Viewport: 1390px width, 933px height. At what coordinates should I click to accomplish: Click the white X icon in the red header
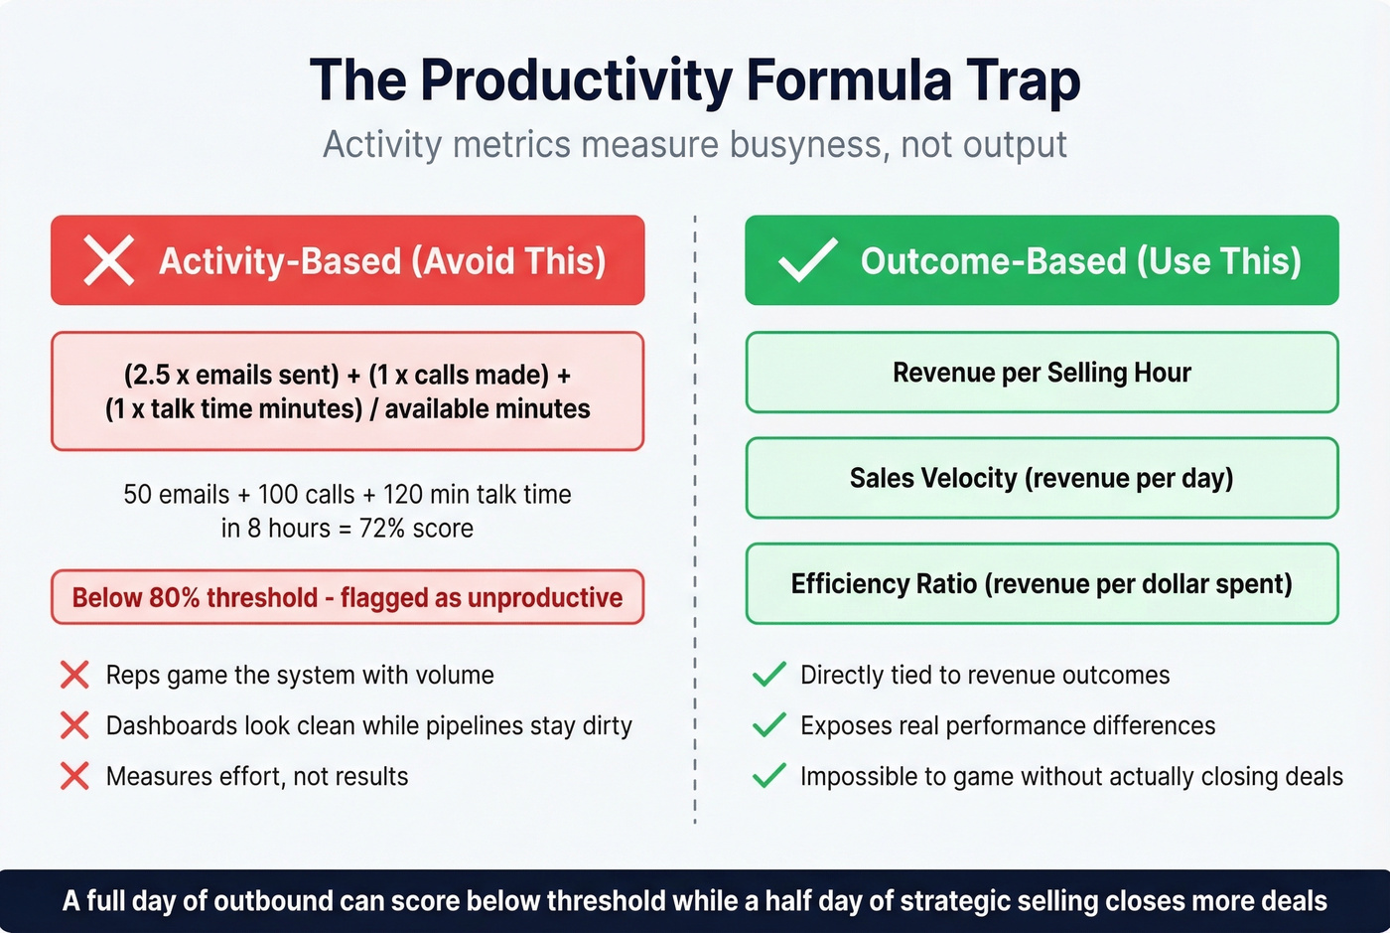(108, 261)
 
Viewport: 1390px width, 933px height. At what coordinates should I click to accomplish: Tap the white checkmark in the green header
(807, 261)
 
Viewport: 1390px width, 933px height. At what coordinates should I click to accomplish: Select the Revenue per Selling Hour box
(1042, 373)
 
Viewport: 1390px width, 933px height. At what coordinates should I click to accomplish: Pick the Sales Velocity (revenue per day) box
(1042, 478)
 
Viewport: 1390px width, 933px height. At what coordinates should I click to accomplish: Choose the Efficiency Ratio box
(1042, 584)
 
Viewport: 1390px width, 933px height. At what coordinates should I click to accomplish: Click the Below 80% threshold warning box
(347, 597)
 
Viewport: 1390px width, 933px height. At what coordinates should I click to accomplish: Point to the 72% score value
(416, 529)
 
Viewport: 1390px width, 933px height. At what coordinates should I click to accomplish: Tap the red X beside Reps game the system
(74, 676)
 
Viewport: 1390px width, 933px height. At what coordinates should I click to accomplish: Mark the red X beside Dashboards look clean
(74, 725)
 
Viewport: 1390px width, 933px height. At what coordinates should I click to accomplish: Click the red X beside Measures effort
(74, 776)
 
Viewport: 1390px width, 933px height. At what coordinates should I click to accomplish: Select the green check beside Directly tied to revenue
(769, 676)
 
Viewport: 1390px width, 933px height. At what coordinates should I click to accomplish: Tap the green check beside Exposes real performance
(769, 725)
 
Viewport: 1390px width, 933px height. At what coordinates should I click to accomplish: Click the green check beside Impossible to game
(769, 776)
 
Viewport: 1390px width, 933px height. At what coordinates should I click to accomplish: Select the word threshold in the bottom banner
(606, 901)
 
